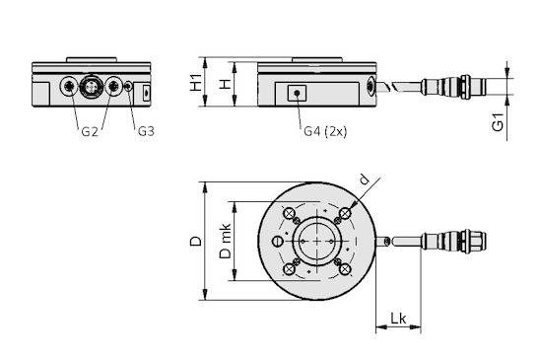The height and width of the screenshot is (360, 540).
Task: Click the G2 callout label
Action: click(x=90, y=131)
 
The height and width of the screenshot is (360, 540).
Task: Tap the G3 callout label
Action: click(x=146, y=131)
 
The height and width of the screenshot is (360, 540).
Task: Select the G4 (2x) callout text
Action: click(x=325, y=131)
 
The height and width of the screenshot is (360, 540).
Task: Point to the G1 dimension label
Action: click(x=498, y=122)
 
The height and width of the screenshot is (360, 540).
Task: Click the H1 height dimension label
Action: click(x=196, y=82)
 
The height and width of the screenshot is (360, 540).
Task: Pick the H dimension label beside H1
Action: click(x=226, y=84)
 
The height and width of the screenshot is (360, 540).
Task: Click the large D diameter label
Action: click(x=196, y=241)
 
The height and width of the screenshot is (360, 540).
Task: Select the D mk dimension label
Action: click(x=226, y=241)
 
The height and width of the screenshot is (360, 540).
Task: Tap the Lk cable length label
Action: click(x=398, y=319)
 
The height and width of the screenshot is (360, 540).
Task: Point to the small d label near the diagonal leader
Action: click(x=364, y=180)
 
